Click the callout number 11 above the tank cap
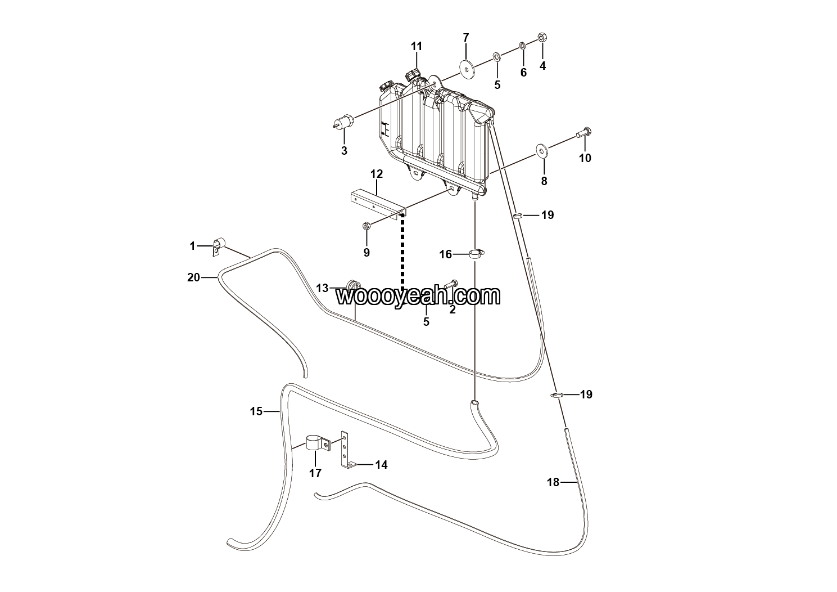point(416,46)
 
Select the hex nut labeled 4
point(542,38)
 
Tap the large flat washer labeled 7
point(466,68)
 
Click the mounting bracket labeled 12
point(377,203)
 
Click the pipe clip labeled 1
point(218,246)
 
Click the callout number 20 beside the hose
point(193,277)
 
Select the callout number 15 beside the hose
point(256,411)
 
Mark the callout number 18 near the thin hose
point(553,482)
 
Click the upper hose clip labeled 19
point(519,215)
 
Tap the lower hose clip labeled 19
point(556,395)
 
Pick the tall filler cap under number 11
point(413,74)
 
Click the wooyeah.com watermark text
point(418,295)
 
